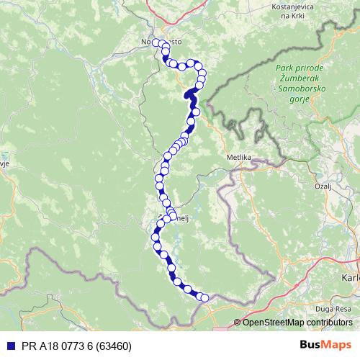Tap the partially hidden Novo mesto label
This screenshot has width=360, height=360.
156,42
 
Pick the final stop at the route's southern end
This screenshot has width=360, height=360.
204,297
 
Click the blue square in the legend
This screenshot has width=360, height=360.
9,346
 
